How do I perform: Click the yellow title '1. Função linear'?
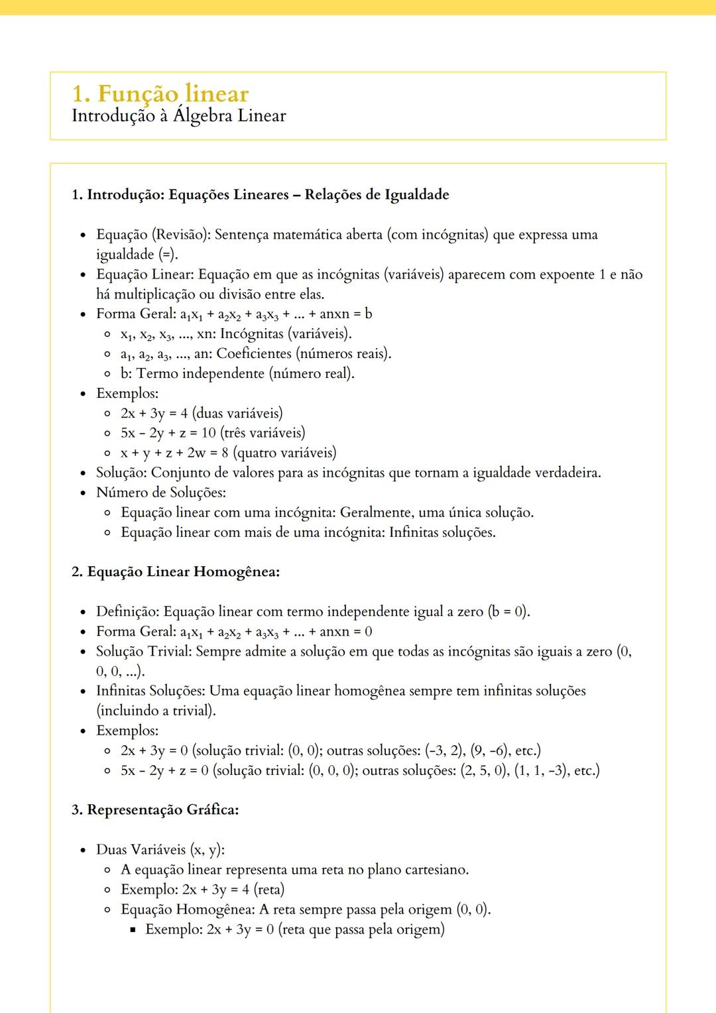[160, 93]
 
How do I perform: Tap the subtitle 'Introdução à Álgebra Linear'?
[178, 116]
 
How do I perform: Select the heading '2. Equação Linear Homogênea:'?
[175, 572]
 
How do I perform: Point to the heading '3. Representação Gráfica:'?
[155, 810]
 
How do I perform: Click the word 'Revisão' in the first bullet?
[181, 235]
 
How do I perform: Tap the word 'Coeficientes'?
[254, 353]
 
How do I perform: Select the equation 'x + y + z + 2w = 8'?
[174, 453]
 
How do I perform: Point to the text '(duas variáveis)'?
[237, 413]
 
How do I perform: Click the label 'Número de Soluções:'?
[161, 493]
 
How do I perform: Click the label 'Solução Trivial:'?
[144, 652]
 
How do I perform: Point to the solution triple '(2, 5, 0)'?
[485, 770]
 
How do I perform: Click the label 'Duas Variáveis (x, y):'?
[160, 850]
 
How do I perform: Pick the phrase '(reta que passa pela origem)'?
[361, 929]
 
